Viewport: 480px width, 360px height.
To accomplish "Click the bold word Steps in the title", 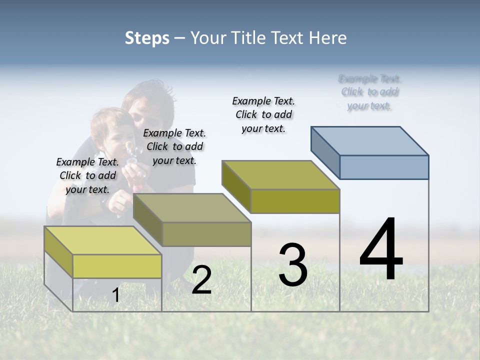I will [x=147, y=38].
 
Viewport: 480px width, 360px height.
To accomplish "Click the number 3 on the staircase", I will [x=293, y=265].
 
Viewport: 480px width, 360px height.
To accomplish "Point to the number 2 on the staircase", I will [x=201, y=280].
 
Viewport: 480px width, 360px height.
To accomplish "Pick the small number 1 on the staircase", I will [x=116, y=295].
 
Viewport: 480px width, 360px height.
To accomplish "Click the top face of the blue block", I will [x=369, y=140].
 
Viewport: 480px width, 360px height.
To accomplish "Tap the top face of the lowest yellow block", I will [x=103, y=240].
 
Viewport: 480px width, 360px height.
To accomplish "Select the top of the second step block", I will [x=191, y=207].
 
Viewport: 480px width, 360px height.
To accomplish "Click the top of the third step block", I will [x=280, y=174].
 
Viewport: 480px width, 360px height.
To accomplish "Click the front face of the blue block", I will [x=384, y=167].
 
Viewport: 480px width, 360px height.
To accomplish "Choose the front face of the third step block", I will [x=295, y=201].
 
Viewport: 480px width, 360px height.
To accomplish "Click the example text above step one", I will [x=87, y=175].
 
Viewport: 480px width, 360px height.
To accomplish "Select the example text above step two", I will [x=174, y=146].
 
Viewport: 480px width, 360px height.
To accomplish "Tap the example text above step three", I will [x=263, y=114].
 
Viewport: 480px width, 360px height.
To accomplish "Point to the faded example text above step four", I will [x=370, y=92].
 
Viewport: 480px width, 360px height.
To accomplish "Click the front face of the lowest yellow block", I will [x=117, y=266].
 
